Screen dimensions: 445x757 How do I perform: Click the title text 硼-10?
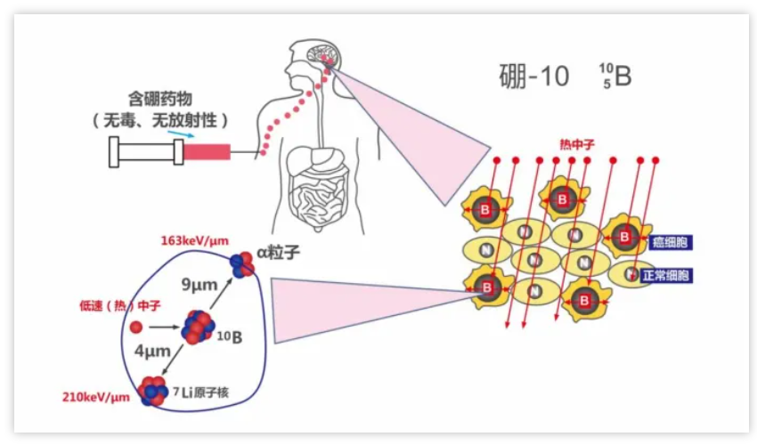pyautogui.click(x=533, y=77)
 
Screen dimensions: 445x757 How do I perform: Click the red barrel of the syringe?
pyautogui.click(x=207, y=152)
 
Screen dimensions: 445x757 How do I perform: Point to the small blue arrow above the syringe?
pyautogui.click(x=179, y=134)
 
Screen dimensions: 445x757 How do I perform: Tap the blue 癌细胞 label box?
pyautogui.click(x=672, y=242)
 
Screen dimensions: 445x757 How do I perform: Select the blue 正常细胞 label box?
pyautogui.click(x=665, y=276)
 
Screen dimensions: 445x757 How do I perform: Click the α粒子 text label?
pyautogui.click(x=278, y=254)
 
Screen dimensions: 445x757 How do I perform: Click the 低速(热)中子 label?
pyautogui.click(x=106, y=306)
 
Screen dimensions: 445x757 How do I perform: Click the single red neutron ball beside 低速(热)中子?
pyautogui.click(x=135, y=327)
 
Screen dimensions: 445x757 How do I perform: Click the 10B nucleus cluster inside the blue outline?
pyautogui.click(x=197, y=327)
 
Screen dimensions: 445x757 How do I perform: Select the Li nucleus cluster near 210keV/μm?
pyautogui.click(x=152, y=390)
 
